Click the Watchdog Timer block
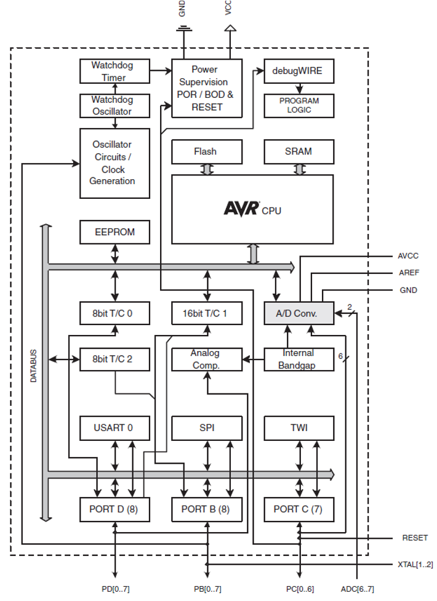pos(114,71)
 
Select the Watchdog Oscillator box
pos(114,105)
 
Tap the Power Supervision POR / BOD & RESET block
pos(207,88)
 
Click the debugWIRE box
pos(299,71)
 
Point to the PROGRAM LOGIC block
pos(299,105)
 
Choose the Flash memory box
pos(207,151)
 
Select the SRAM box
pos(299,151)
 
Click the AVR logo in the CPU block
pos(242,209)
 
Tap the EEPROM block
pos(114,232)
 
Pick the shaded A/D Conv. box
pos(299,313)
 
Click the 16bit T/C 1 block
pos(207,313)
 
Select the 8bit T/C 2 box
pos(114,359)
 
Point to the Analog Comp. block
pos(207,359)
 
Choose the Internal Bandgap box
pos(299,359)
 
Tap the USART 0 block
pos(114,428)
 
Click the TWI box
pos(299,428)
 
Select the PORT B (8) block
pos(207,509)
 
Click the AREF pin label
pos(408,273)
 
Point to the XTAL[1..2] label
pos(415,564)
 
